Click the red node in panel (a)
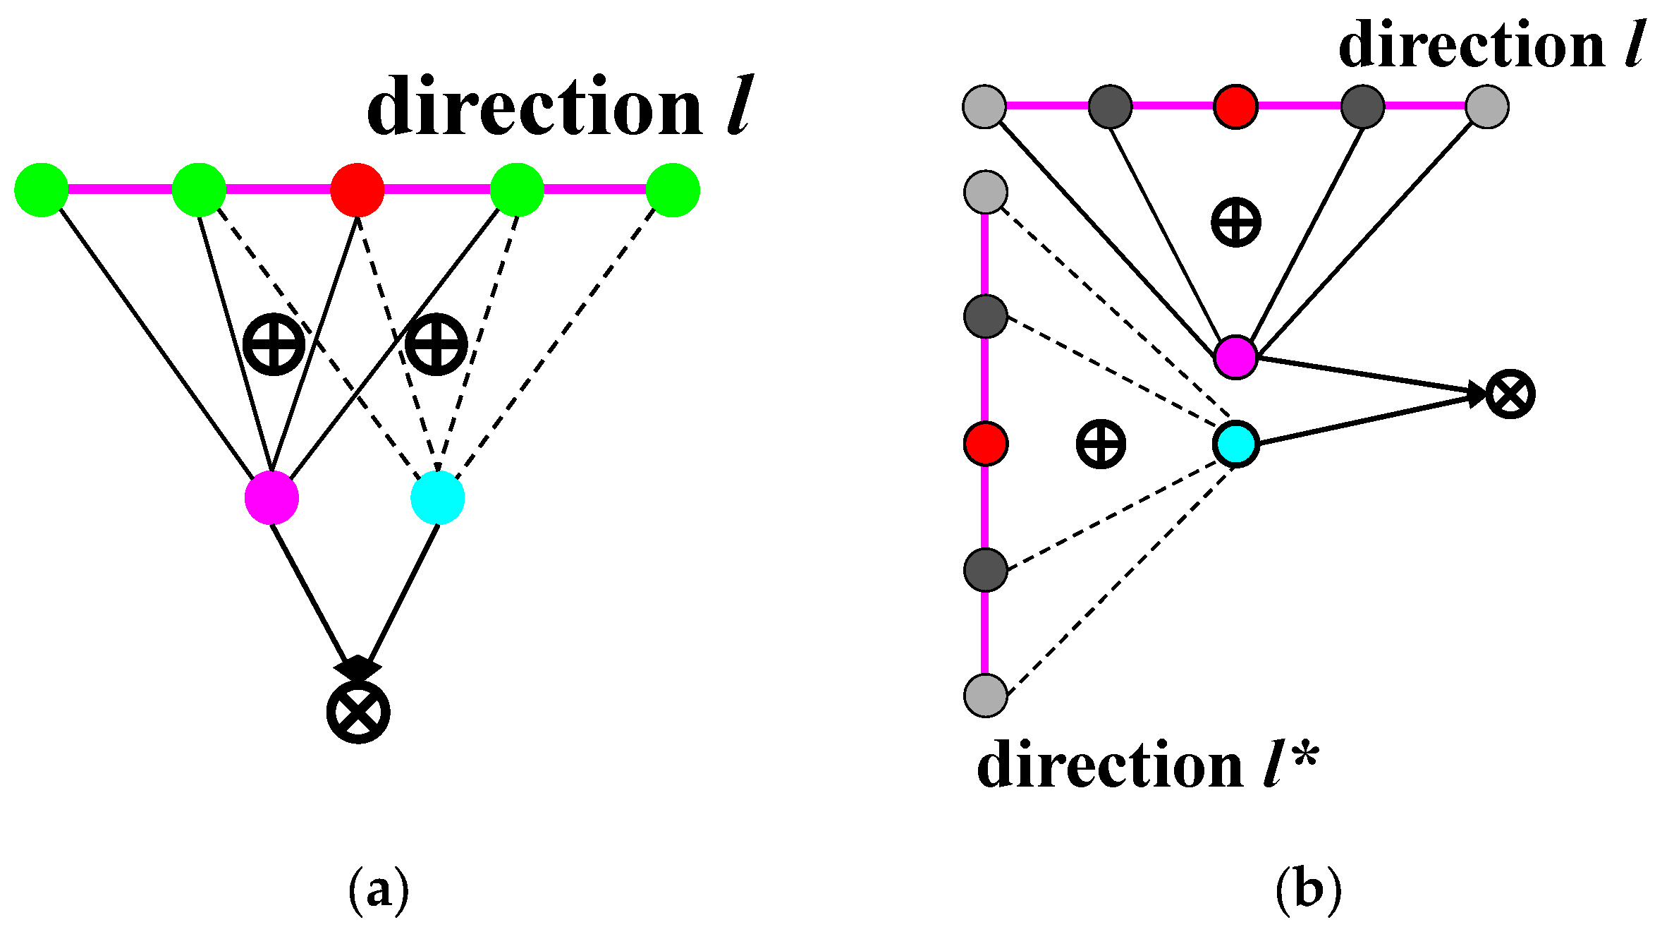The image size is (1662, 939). (358, 190)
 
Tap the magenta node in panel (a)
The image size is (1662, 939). (271, 498)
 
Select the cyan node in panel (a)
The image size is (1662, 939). (438, 498)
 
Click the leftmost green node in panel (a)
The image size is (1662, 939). (42, 190)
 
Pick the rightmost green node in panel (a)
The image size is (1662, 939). (673, 190)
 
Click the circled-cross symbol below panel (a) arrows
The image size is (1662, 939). (358, 711)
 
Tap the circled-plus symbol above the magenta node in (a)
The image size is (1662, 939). (274, 344)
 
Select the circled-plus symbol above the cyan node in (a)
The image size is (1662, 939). (436, 344)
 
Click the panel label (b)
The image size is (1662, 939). (1308, 890)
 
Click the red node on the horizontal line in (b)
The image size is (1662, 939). (1235, 107)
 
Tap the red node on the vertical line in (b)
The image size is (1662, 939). (986, 444)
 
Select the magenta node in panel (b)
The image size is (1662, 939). (1236, 358)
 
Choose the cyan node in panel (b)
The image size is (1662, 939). (1236, 444)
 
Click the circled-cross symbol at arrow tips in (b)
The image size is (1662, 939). (1510, 394)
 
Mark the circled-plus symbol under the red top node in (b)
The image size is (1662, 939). (1235, 222)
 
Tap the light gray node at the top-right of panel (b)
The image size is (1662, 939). (1487, 107)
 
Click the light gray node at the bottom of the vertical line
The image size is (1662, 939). (986, 696)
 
